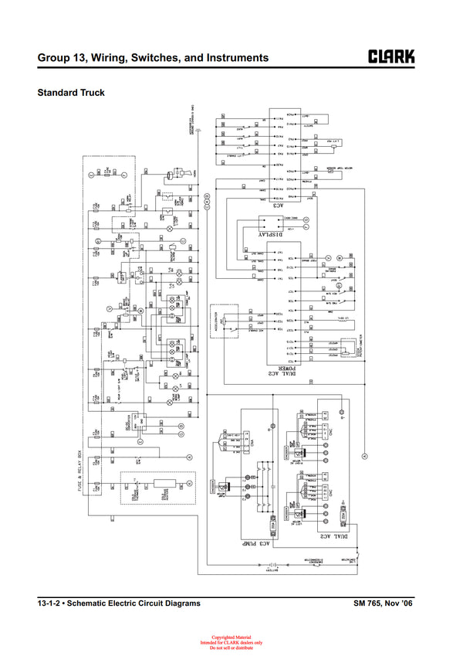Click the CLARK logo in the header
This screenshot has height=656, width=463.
(x=391, y=57)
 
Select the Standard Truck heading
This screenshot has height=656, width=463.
(x=71, y=93)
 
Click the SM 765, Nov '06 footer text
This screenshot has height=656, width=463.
(x=384, y=603)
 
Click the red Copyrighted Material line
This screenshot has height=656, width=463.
(x=231, y=637)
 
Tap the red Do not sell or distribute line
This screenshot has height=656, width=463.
(x=231, y=648)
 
